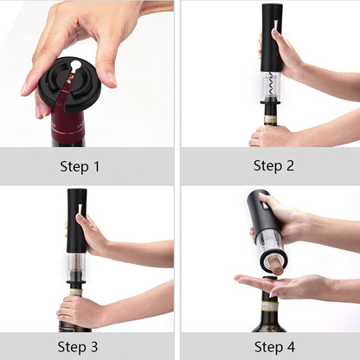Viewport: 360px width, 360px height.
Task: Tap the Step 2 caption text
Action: pos(273,164)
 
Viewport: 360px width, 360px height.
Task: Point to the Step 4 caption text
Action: pos(273,346)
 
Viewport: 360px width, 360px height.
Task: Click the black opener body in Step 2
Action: pos(271,35)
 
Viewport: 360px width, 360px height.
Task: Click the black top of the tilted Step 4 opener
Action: pos(258,208)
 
